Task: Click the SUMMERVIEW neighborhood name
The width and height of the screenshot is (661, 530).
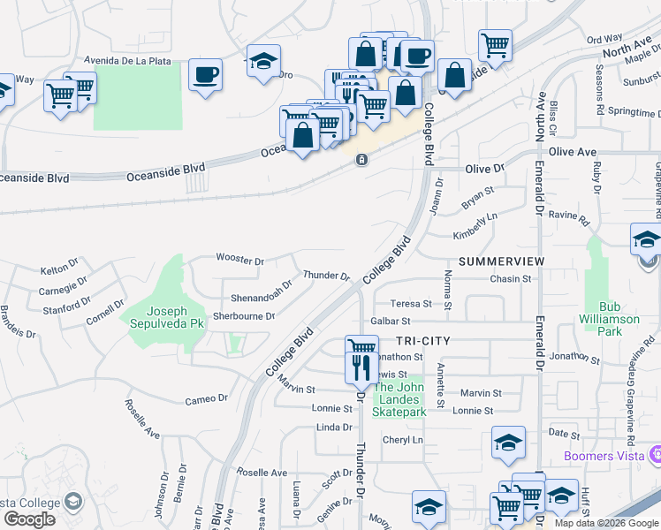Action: tap(502, 262)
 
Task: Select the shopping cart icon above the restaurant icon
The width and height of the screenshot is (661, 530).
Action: tap(361, 347)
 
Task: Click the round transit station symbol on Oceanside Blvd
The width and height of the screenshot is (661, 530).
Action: tap(361, 159)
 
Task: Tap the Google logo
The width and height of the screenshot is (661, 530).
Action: tap(29, 519)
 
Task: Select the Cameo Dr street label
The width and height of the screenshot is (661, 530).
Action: tap(206, 399)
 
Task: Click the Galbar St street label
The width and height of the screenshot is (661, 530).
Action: tap(391, 322)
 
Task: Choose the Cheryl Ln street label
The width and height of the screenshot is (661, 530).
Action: tap(402, 440)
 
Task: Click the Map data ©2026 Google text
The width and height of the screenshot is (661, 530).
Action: tap(605, 523)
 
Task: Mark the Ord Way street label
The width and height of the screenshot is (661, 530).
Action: tap(604, 40)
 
